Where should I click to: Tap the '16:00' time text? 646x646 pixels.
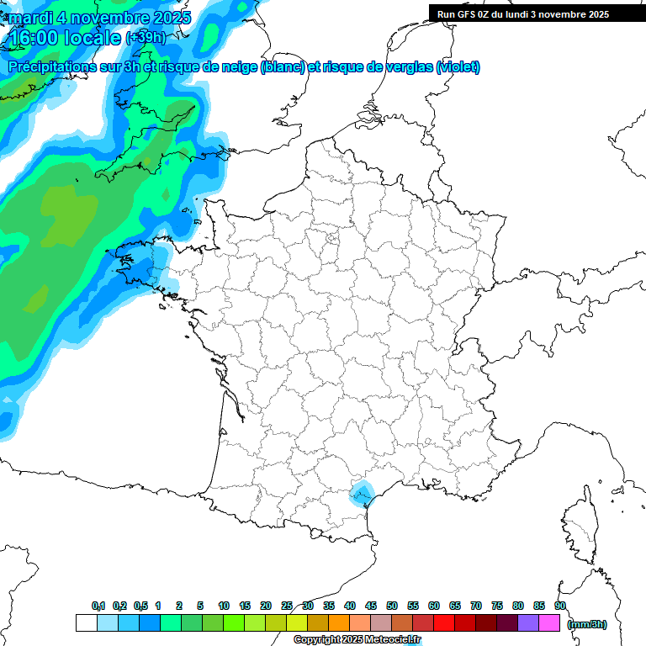pos(38,38)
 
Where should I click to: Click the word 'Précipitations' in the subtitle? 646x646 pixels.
pos(52,67)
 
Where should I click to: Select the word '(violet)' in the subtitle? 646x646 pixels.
pos(458,67)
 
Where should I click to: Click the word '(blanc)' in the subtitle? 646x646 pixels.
pos(283,67)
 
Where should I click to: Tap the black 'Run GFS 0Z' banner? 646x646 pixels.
pos(523,13)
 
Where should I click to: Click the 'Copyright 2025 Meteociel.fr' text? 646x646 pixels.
pos(357,640)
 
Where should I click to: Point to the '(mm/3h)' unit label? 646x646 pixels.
pos(587,624)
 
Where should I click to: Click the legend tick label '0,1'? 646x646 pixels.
pos(98,606)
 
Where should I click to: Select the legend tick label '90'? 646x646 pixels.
pos(560,606)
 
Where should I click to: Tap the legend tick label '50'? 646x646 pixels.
pos(392,606)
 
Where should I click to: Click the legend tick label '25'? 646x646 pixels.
pos(287,606)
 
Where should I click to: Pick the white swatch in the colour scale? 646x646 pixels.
pos(86,622)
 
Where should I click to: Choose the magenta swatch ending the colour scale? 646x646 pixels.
pos(549,622)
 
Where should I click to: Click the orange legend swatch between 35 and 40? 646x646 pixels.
pos(339,622)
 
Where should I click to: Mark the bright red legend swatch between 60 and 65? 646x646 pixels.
pos(444,622)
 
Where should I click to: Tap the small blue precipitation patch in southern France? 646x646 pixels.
pos(362,493)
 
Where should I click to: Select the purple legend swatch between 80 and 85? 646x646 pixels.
pos(528,622)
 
